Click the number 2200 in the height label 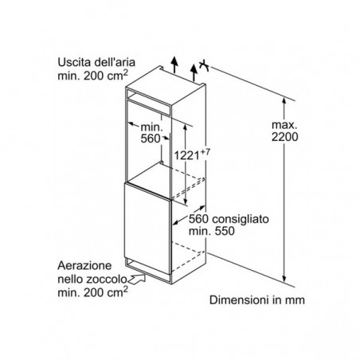(x=284, y=137)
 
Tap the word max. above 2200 (x=284, y=124)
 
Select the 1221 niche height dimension (x=186, y=155)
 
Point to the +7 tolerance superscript (x=205, y=152)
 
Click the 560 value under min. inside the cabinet (x=151, y=139)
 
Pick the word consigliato (x=241, y=219)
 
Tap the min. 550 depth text (x=212, y=231)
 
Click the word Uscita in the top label (x=72, y=62)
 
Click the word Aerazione (x=84, y=265)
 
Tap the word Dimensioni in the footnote (x=239, y=300)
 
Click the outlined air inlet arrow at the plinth (x=136, y=280)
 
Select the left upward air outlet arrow (x=174, y=65)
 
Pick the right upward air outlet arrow (x=194, y=72)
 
